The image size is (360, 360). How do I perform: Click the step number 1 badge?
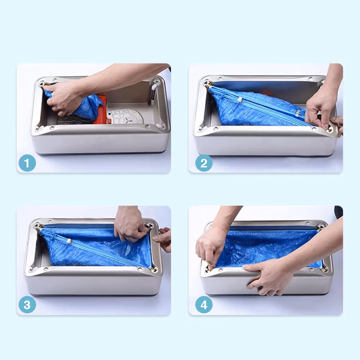[x=27, y=163]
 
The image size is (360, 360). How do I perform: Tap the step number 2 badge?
[x=204, y=163]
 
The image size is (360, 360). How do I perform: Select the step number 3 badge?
[x=27, y=305]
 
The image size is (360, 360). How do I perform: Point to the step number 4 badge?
[x=204, y=305]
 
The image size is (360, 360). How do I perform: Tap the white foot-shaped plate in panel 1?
[x=126, y=117]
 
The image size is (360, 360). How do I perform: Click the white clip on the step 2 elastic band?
[x=240, y=100]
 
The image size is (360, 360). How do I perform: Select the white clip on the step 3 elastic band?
[x=69, y=241]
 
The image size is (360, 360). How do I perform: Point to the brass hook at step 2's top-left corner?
[x=208, y=84]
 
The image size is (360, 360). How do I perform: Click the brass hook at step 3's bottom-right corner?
[x=153, y=269]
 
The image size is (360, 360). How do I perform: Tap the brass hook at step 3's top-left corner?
[x=39, y=227]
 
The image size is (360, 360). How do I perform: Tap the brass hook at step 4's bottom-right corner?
[x=324, y=269]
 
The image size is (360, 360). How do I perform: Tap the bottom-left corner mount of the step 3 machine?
[x=31, y=269]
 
